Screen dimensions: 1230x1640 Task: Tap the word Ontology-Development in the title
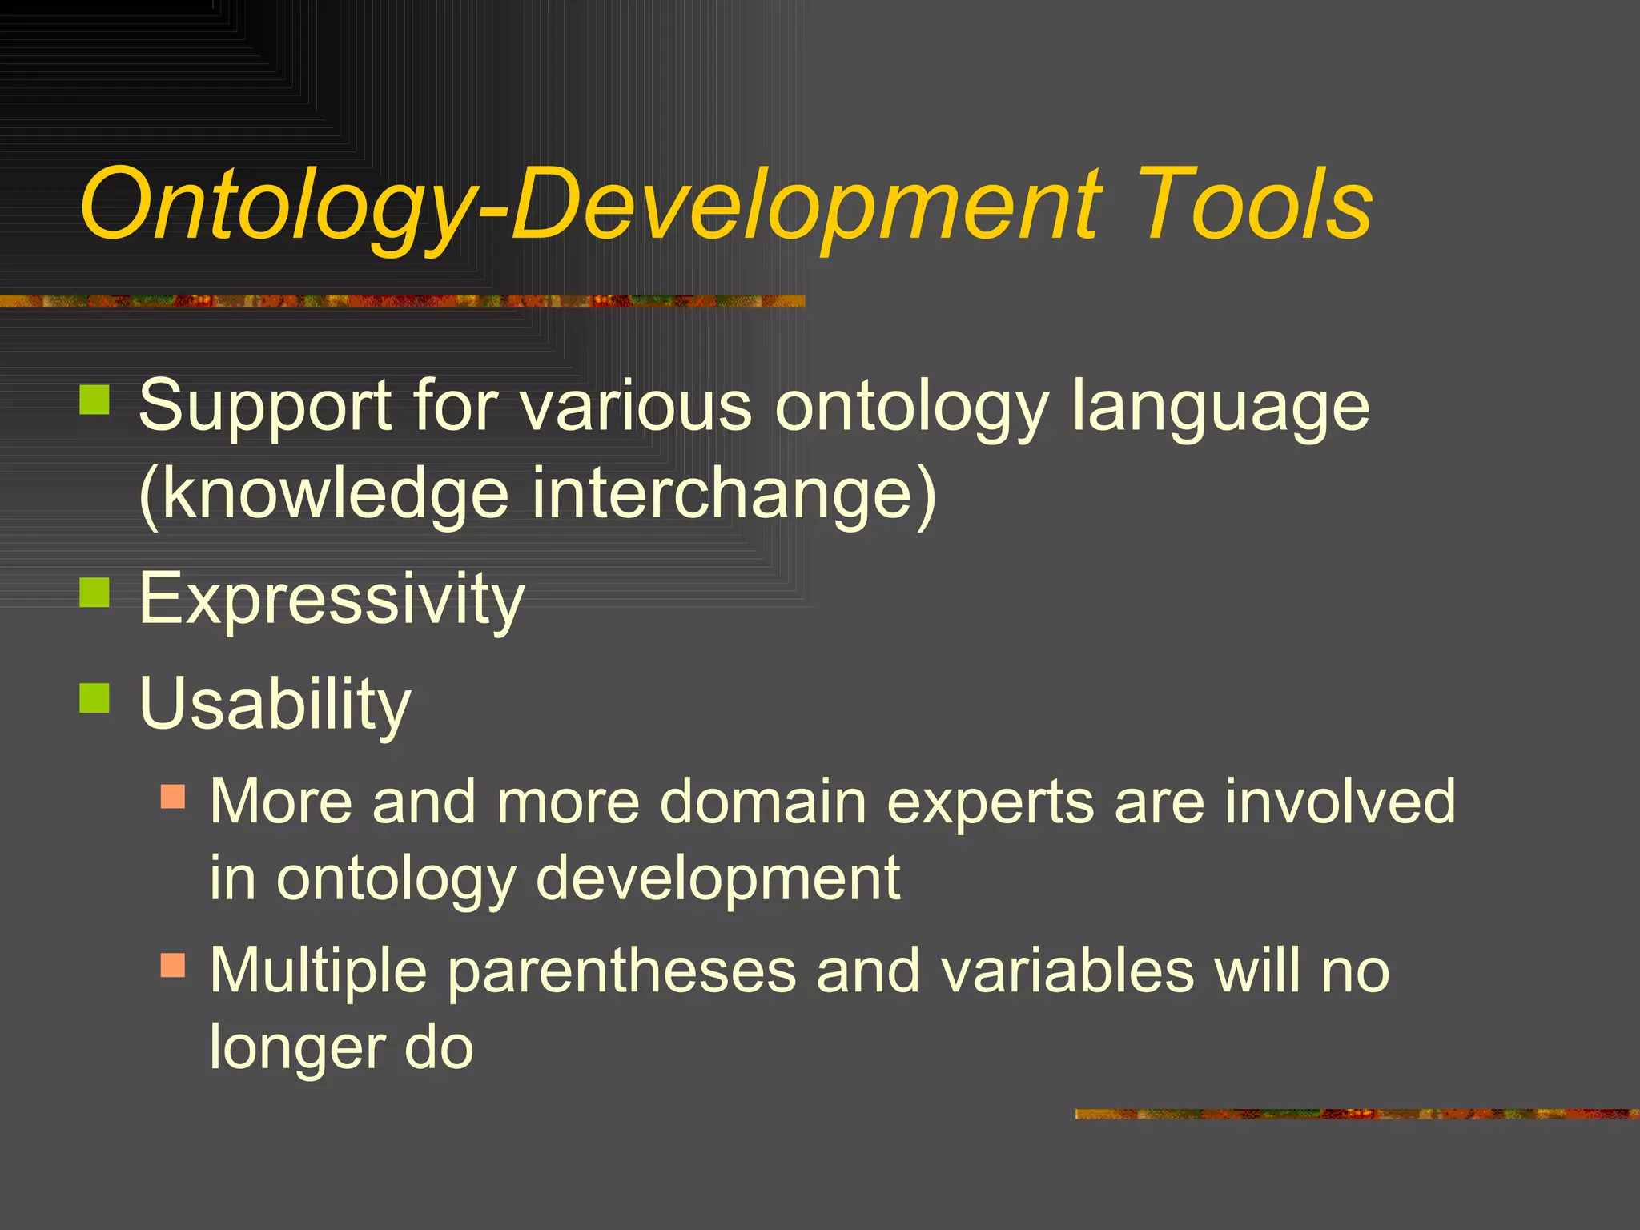click(591, 207)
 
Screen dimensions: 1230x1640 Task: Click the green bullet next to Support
click(94, 400)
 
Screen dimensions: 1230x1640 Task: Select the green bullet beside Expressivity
click(94, 593)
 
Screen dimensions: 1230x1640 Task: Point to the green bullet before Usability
click(94, 698)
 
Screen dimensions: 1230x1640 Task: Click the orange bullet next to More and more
click(173, 796)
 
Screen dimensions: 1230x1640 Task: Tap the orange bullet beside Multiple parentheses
click(173, 965)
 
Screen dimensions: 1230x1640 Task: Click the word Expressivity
click(332, 599)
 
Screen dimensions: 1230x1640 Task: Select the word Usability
click(275, 705)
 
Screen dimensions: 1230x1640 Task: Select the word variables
click(1067, 971)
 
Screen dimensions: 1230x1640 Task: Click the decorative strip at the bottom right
click(1357, 1114)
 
